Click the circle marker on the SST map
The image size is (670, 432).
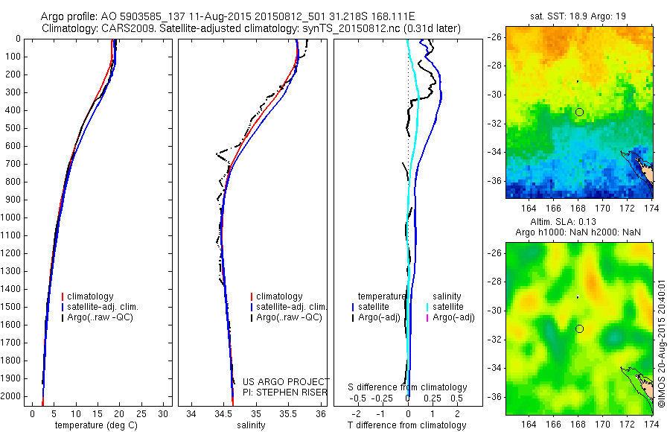579,112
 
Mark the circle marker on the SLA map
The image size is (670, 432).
579,328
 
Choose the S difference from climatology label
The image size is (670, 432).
408,387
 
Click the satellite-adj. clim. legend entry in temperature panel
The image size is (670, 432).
103,307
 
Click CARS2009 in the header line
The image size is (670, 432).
124,28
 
